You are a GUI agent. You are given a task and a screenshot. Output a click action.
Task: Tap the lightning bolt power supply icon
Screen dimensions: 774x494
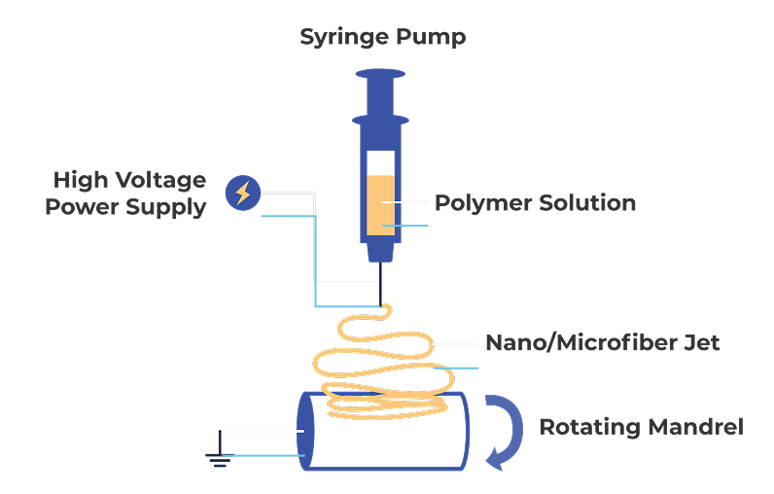point(243,193)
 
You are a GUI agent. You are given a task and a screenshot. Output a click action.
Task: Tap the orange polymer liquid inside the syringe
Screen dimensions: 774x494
point(380,205)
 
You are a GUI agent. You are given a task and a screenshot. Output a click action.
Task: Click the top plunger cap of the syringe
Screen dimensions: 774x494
point(380,74)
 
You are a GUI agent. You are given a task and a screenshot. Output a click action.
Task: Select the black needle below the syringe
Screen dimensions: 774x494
point(380,284)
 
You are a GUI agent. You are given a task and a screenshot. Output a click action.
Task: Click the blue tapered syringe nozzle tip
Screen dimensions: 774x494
point(380,252)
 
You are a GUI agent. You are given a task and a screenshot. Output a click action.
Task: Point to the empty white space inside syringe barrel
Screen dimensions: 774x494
point(380,162)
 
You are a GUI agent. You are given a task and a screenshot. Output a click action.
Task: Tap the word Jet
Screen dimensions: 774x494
point(701,342)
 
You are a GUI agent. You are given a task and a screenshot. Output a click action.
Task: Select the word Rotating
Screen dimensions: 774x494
point(590,428)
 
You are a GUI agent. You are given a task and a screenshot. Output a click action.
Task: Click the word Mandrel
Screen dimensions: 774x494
point(695,427)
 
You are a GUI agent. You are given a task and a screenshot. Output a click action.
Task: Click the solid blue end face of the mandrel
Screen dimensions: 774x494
point(305,432)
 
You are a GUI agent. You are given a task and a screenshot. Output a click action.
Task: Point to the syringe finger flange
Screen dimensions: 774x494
point(380,120)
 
